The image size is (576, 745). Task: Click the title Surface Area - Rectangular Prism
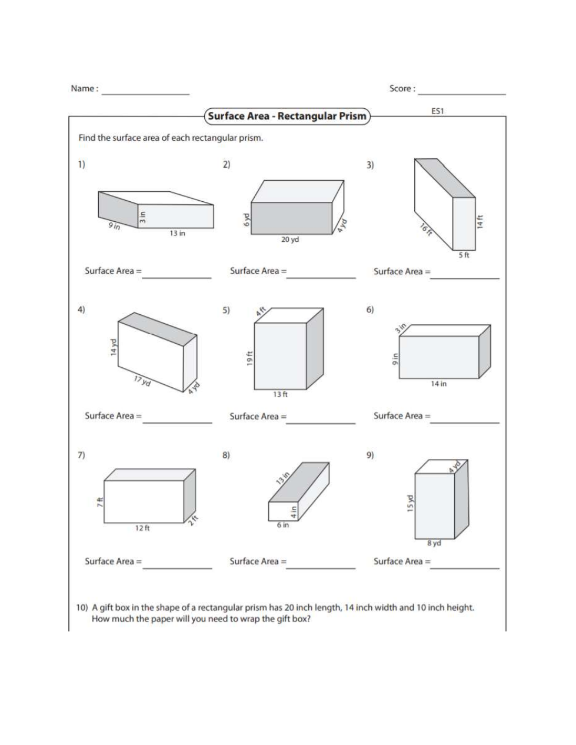(x=287, y=116)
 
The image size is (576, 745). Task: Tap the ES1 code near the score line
(x=437, y=110)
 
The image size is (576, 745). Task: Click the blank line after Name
(x=145, y=93)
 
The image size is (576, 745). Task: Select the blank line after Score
(x=462, y=93)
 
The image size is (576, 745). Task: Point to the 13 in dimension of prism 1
(x=177, y=234)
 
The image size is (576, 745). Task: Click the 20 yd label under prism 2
(x=290, y=240)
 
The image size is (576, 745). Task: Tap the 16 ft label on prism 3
(x=427, y=230)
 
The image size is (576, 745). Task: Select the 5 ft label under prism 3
(x=464, y=255)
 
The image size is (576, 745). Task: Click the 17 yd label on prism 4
(x=142, y=381)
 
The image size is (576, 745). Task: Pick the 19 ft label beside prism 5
(x=249, y=357)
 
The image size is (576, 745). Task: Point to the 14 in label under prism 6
(x=438, y=384)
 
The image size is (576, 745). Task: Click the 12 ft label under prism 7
(x=142, y=528)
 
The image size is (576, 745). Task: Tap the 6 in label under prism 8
(x=283, y=525)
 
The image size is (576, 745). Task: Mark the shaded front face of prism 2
(x=292, y=218)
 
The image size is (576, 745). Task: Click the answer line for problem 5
(x=321, y=423)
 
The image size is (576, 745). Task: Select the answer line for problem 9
(x=465, y=567)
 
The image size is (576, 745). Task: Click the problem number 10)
(x=82, y=607)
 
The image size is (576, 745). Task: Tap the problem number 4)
(x=81, y=310)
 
